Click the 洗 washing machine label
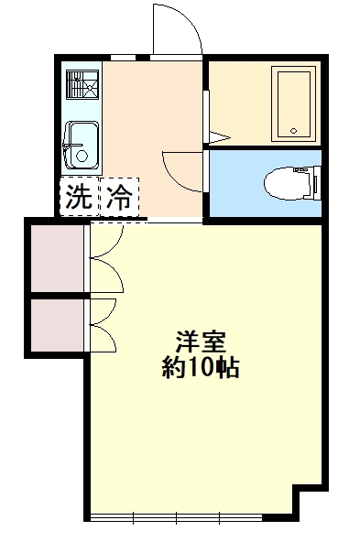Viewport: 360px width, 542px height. tap(79, 196)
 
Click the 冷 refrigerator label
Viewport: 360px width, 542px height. tap(119, 196)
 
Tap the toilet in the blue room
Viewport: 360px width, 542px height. tap(293, 183)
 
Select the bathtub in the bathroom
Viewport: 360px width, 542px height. tap(294, 103)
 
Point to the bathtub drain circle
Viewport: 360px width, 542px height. tap(294, 131)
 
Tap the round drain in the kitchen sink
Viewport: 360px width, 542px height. tap(82, 156)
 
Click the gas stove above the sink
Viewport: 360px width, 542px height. tap(82, 85)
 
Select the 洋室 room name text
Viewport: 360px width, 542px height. tap(201, 341)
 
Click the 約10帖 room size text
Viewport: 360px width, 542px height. tap(201, 367)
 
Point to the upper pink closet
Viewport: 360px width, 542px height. tap(57, 258)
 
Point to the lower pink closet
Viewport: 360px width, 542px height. tap(57, 325)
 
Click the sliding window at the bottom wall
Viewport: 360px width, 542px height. tap(177, 517)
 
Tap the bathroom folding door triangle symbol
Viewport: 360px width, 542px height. tap(219, 137)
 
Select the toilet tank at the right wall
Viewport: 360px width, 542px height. tap(318, 183)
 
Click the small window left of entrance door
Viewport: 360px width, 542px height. tap(123, 58)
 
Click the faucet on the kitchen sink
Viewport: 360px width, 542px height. tap(71, 146)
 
